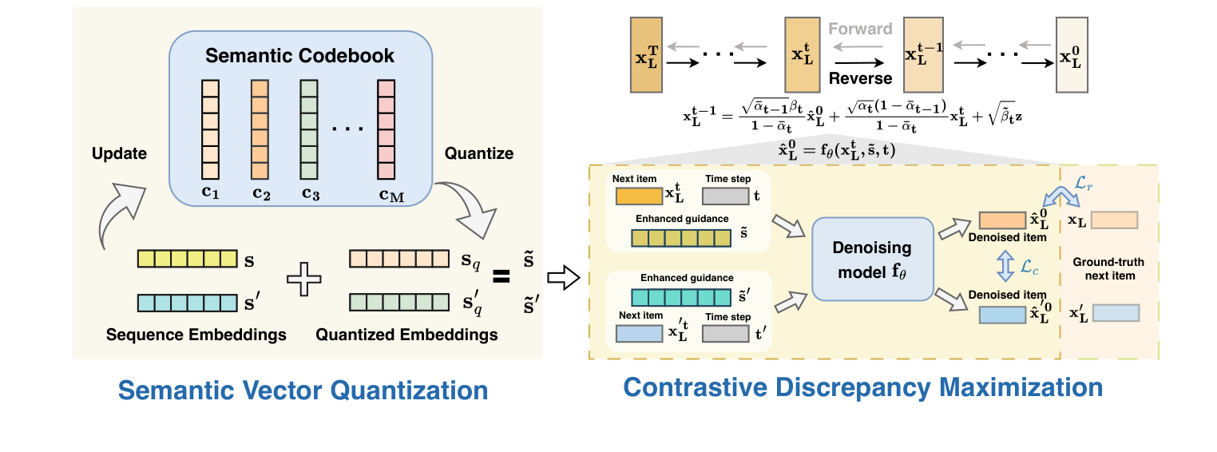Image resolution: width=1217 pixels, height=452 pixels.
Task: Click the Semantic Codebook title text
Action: pos(299,56)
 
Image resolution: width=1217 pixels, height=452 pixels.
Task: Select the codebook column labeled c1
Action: pos(209,128)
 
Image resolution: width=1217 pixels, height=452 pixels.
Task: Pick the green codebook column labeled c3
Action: pos(310,128)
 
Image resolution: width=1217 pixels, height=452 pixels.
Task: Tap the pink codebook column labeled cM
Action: pos(387,128)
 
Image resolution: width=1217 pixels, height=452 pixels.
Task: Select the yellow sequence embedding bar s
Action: pos(187,260)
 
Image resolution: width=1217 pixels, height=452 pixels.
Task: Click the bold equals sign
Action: pos(501,277)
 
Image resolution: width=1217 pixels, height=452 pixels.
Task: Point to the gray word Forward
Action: pos(859,30)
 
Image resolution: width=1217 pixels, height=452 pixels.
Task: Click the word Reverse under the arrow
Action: pos(859,78)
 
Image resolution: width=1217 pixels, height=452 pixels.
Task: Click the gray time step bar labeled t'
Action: pos(725,333)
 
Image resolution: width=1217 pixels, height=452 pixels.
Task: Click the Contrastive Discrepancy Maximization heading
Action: pos(862,387)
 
